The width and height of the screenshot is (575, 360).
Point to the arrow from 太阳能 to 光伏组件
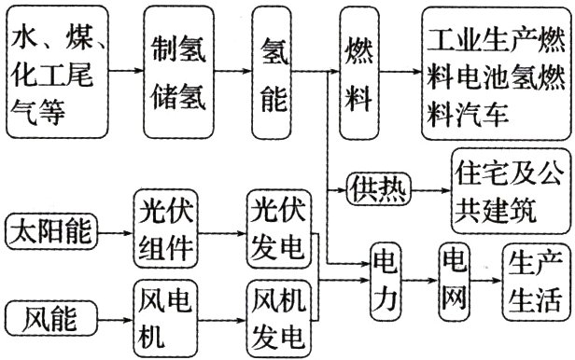(116, 232)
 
